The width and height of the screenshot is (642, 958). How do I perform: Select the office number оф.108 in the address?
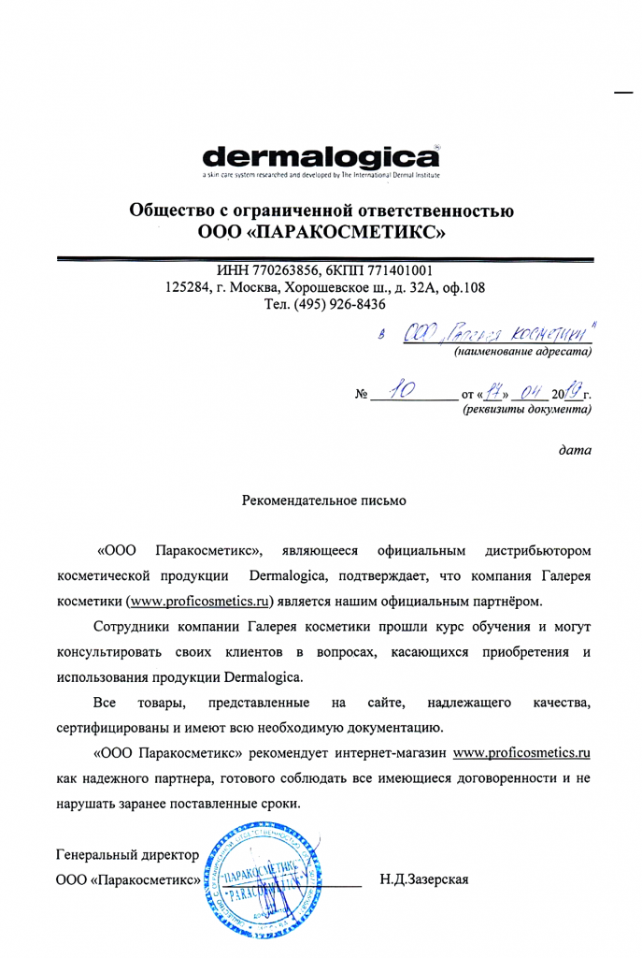[462, 288]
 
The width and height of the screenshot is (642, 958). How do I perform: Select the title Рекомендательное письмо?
[323, 502]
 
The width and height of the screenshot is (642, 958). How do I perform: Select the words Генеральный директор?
[127, 855]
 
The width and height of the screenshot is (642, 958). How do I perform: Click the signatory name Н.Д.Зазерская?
[426, 879]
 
